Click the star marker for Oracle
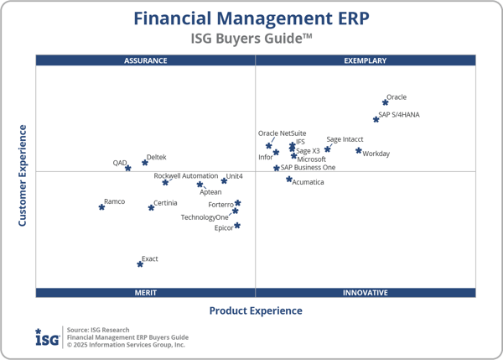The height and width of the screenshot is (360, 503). [386, 103]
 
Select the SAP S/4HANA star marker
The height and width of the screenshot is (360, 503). [376, 120]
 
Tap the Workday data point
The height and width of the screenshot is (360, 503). [359, 151]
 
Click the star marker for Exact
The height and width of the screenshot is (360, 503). [140, 264]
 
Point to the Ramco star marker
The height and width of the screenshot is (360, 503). [102, 206]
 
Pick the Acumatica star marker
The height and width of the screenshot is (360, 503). [289, 179]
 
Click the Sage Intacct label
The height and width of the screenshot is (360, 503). [345, 139]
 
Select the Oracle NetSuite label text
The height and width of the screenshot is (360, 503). [282, 133]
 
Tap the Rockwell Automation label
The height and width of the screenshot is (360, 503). [186, 176]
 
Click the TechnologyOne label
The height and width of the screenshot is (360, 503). [205, 217]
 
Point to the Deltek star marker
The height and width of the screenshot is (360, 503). [145, 163]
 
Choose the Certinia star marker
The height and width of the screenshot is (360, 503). [152, 207]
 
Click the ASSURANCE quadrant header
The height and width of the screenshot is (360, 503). [145, 60]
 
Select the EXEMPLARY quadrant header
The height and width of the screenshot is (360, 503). [366, 60]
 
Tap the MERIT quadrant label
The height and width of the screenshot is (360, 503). [145, 293]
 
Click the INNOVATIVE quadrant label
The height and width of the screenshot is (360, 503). [366, 293]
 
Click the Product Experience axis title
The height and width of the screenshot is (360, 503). [256, 311]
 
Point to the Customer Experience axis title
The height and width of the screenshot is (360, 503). [23, 175]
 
